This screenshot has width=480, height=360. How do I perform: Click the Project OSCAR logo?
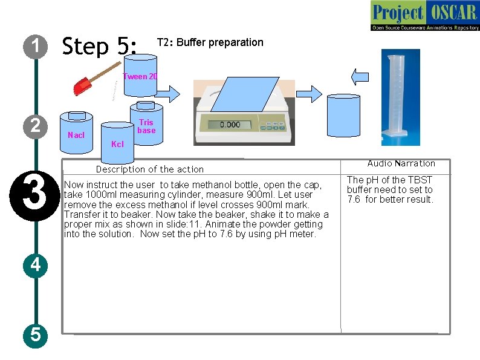[424, 16]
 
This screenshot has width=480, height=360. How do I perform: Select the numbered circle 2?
[36, 126]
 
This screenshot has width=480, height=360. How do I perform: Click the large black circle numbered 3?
[36, 191]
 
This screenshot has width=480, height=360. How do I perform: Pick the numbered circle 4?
[36, 264]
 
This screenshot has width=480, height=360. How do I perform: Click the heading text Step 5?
[100, 46]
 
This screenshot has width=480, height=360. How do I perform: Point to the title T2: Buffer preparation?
[210, 42]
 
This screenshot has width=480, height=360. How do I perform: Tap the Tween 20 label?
[140, 76]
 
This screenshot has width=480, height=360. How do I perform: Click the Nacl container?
[76, 131]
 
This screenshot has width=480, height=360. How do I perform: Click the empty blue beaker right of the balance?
[343, 118]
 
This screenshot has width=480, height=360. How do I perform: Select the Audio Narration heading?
[401, 163]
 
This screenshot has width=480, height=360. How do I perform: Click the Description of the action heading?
[150, 169]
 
